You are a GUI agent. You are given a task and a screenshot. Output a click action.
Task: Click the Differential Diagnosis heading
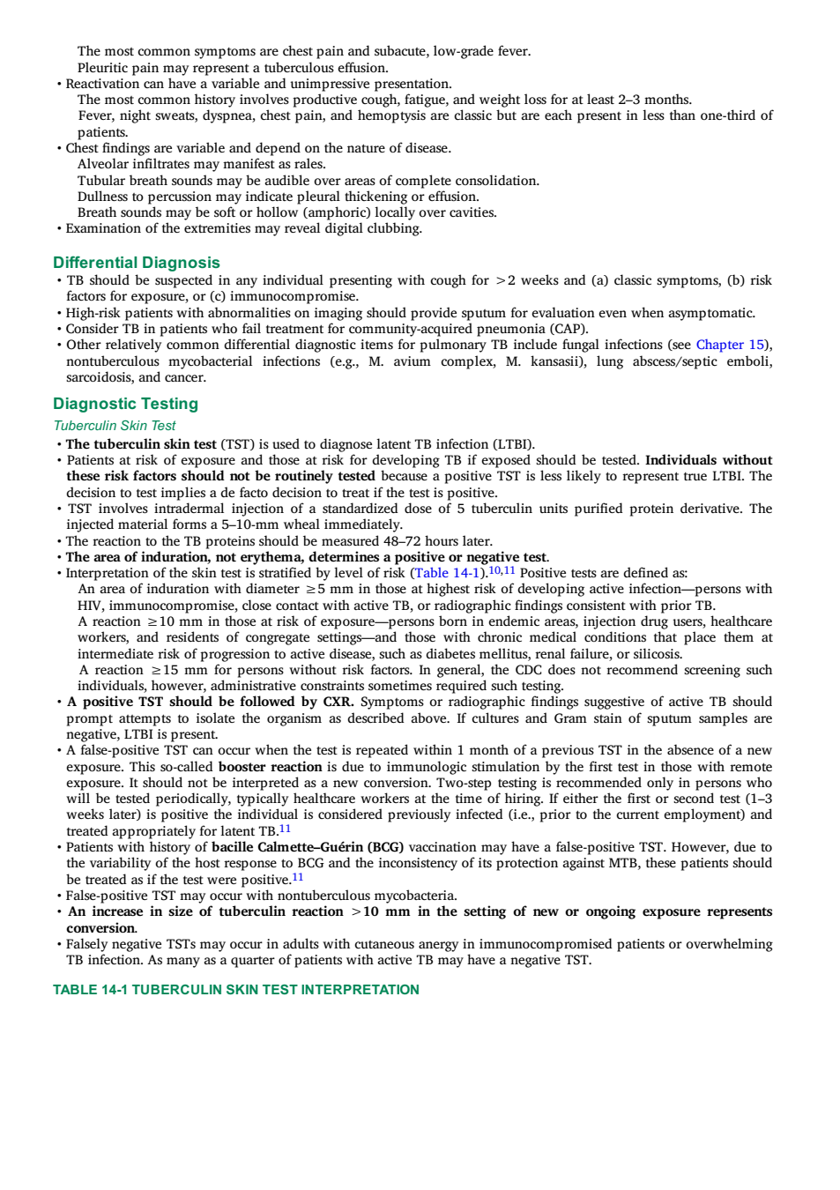(x=136, y=263)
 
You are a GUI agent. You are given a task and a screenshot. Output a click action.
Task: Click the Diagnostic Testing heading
(x=125, y=403)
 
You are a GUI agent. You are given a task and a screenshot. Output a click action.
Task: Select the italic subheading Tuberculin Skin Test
(x=115, y=426)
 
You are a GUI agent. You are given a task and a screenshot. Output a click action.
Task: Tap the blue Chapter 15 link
(x=730, y=345)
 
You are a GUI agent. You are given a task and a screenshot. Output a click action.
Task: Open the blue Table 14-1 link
(x=448, y=573)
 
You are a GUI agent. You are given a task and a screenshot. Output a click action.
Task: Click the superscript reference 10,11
(x=502, y=570)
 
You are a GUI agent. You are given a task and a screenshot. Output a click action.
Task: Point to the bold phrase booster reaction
(x=270, y=767)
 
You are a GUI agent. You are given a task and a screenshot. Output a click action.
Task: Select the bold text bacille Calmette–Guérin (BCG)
(x=308, y=847)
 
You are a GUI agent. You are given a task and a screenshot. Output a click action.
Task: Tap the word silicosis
(x=658, y=654)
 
